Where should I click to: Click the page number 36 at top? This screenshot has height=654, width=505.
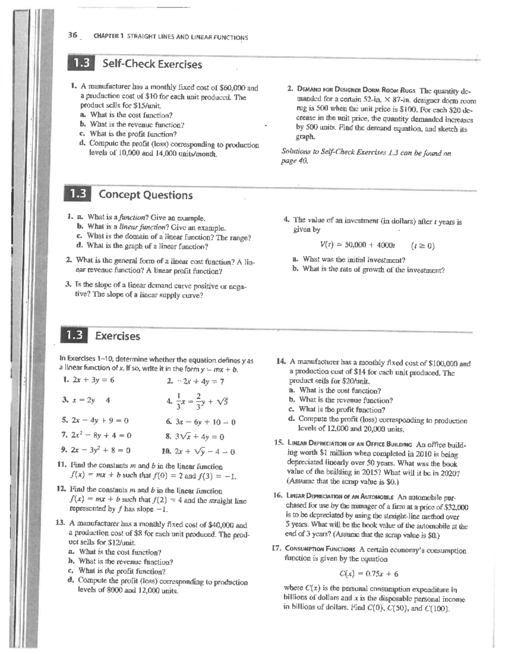tap(72, 36)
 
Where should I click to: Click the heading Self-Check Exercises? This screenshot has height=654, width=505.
tap(152, 64)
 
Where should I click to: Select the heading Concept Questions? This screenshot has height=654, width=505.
tap(146, 195)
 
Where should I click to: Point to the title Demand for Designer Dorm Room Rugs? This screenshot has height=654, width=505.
tap(357, 90)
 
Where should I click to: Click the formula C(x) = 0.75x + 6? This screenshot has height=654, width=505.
tap(369, 574)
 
